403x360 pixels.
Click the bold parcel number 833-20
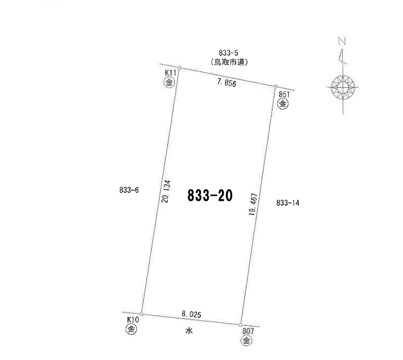tap(210, 196)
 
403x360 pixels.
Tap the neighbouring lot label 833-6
tap(129, 190)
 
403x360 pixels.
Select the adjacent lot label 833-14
tap(288, 203)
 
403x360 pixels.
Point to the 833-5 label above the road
tap(228, 53)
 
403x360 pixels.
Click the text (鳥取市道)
tap(229, 62)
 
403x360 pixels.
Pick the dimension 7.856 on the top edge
tap(226, 83)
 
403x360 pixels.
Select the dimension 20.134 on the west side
tap(166, 191)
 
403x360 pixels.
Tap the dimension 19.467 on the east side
tap(253, 204)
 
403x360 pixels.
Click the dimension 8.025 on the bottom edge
tap(192, 314)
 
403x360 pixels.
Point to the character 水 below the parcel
tap(189, 331)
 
